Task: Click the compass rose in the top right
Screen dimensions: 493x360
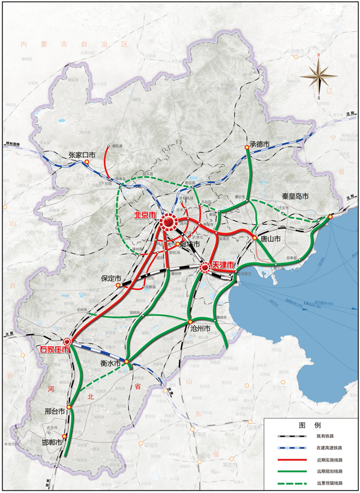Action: tap(319, 76)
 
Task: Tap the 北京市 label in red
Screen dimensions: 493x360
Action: tap(145, 215)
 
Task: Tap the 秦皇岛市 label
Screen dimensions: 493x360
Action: tap(295, 196)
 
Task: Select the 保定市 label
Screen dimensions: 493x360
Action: tap(111, 279)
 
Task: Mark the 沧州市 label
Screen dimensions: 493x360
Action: tap(200, 329)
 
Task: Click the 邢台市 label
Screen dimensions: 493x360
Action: tap(55, 412)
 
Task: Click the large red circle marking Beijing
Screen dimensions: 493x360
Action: tap(169, 224)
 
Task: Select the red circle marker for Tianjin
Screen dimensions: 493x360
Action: tap(206, 267)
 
